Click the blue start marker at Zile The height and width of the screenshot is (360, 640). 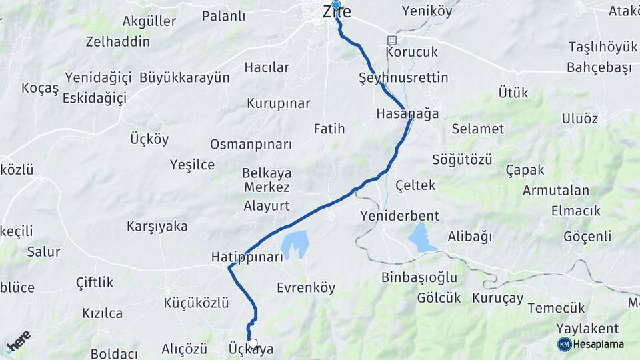coord(336,6)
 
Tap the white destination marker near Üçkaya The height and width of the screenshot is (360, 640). coord(253,343)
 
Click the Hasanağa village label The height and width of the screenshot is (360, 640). coord(407,113)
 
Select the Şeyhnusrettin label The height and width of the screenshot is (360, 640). coord(403,78)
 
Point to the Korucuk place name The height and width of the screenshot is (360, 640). coord(411,52)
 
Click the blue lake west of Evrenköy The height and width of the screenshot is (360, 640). coord(295,245)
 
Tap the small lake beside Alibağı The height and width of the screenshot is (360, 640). coord(421,238)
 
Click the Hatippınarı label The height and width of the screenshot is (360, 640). coord(247,257)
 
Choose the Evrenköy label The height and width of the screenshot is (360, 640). coord(306,288)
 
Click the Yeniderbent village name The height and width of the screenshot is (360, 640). coord(399,216)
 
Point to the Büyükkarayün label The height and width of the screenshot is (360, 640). coord(184,77)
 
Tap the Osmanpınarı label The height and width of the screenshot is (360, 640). coord(251,145)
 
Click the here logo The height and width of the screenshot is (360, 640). coord(18,341)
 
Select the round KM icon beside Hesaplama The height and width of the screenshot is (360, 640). coord(565,344)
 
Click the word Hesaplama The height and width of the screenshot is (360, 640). coord(599,345)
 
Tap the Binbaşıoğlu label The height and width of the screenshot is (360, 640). coord(419,277)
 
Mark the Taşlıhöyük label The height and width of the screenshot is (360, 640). coord(593,47)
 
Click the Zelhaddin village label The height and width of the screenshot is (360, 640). coord(117,41)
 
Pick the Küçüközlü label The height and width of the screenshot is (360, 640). coord(196,303)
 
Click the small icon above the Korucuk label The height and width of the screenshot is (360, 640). coord(392,40)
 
